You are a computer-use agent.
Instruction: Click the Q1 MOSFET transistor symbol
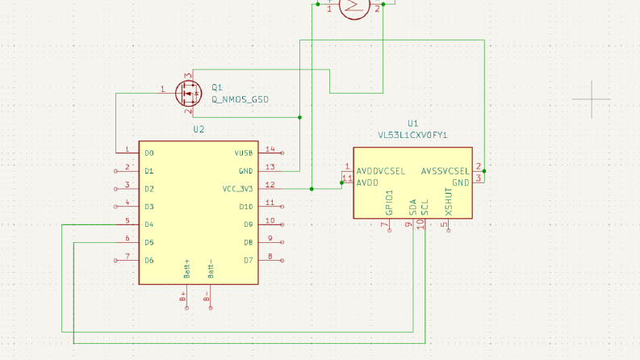pyautogui.click(x=188, y=94)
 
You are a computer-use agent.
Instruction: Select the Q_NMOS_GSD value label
pyautogui.click(x=240, y=99)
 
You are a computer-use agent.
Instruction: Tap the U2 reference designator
pyautogui.click(x=199, y=129)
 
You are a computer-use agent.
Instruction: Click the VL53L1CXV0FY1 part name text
pyautogui.click(x=412, y=135)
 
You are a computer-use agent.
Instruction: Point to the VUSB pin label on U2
pyautogui.click(x=244, y=153)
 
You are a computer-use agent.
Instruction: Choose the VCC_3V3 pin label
pyautogui.click(x=237, y=189)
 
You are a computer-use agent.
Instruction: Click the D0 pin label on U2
pyautogui.click(x=149, y=153)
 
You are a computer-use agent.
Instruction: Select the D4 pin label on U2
pyautogui.click(x=149, y=224)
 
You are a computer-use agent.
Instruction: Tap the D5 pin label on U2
pyautogui.click(x=149, y=242)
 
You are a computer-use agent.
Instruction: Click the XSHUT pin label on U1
pyautogui.click(x=449, y=202)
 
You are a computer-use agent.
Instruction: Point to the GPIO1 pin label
pyautogui.click(x=389, y=203)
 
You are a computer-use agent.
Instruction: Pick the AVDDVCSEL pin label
pyautogui.click(x=381, y=171)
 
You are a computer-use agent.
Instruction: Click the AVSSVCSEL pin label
pyautogui.click(x=445, y=171)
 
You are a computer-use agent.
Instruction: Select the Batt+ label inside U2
pyautogui.click(x=187, y=269)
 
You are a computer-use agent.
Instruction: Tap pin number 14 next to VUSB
pyautogui.click(x=270, y=149)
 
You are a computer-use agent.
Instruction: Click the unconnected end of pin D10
pyautogui.click(x=282, y=207)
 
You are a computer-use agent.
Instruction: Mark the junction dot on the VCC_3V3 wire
pyautogui.click(x=312, y=189)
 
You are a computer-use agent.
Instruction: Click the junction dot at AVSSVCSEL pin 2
pyautogui.click(x=484, y=171)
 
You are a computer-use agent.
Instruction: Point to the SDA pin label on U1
pyautogui.click(x=412, y=207)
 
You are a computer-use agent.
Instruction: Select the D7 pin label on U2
pyautogui.click(x=248, y=261)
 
